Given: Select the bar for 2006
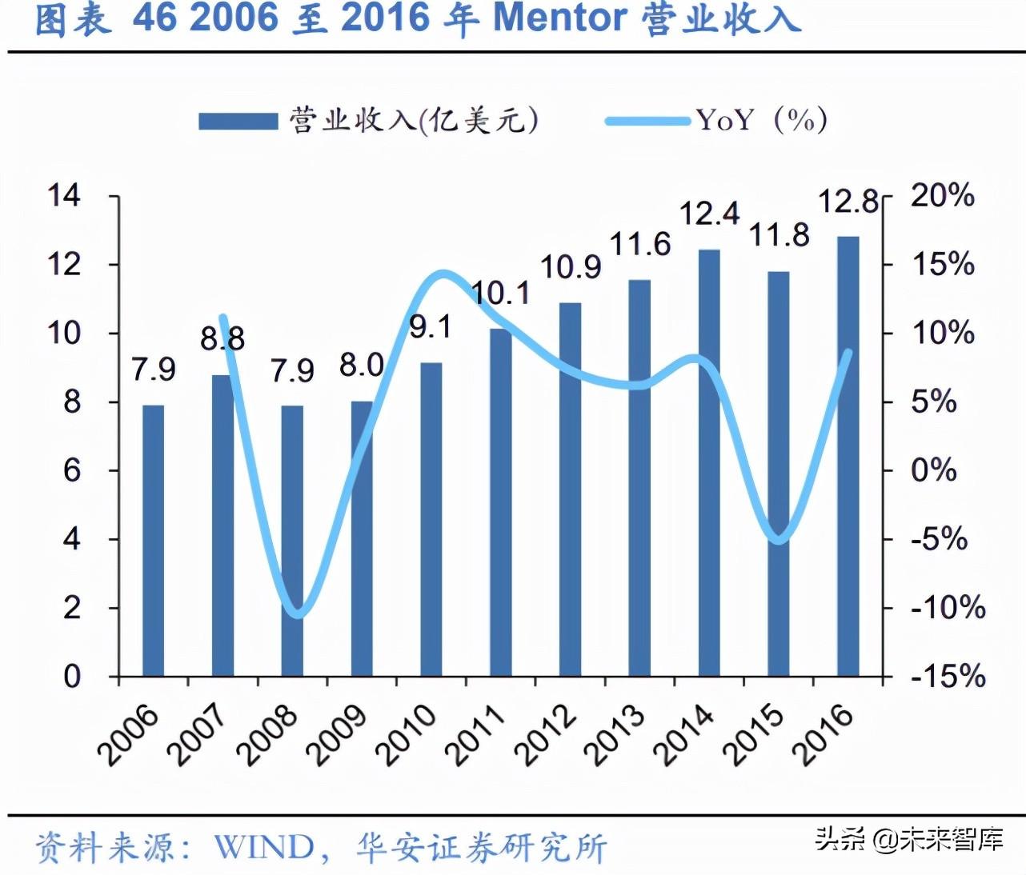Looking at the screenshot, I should point(153,541).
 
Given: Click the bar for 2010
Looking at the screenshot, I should point(431,520).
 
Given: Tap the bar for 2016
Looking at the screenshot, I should point(848,456).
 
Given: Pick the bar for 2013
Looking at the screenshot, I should point(639,478).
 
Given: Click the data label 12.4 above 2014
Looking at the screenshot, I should point(710,214).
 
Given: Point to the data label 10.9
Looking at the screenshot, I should point(571,267).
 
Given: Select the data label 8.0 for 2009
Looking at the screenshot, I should point(362,366).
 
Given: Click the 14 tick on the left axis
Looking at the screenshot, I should point(64,195).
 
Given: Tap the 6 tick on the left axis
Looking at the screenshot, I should point(72,470).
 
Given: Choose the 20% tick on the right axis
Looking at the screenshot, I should point(943,195).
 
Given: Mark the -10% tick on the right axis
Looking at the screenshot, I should point(948,608).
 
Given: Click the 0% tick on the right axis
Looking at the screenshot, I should point(933,470).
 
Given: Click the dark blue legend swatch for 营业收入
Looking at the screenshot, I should point(238,122).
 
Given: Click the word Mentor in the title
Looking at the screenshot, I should point(559,19).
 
